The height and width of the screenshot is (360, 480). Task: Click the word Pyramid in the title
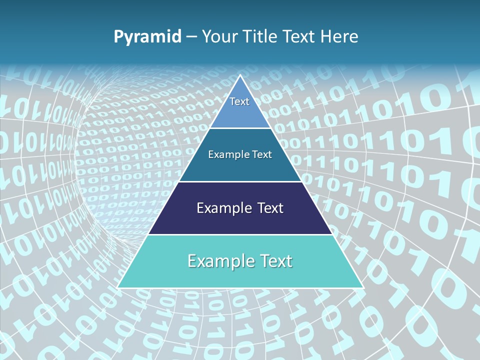147,37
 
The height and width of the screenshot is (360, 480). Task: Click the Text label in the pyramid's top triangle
239,101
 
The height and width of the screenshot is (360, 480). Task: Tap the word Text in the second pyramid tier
260,154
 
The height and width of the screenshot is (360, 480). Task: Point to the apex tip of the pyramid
240,75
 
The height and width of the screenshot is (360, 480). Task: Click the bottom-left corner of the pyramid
118,287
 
